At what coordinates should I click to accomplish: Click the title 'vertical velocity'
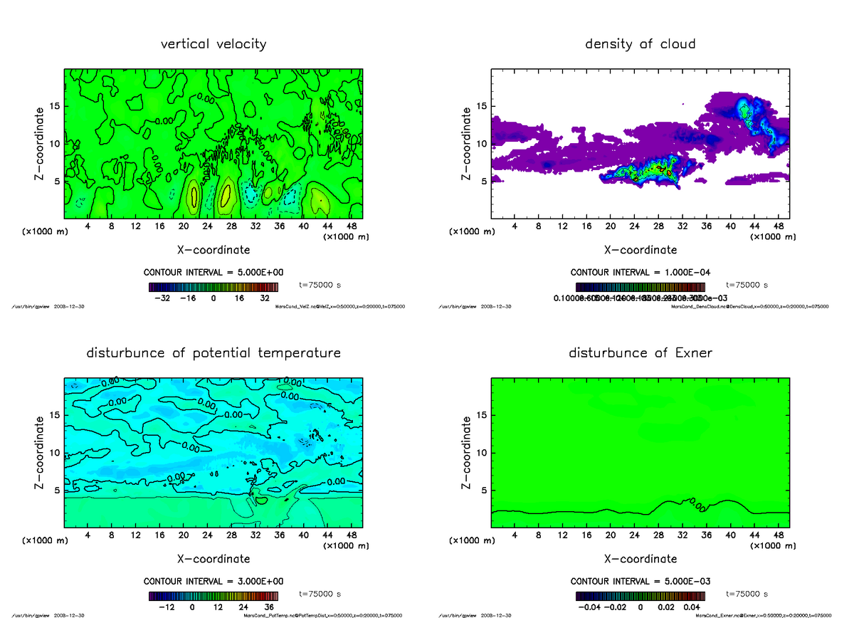tap(213, 44)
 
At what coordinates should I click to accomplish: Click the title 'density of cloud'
tap(640, 44)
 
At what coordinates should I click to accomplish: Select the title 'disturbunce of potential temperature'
tap(213, 353)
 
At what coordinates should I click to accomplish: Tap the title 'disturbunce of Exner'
tap(640, 353)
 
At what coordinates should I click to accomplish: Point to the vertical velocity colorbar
tap(213, 287)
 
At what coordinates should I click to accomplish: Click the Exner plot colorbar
tap(640, 596)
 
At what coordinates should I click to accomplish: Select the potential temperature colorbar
tap(213, 596)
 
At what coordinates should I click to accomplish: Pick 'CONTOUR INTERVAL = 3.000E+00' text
tap(213, 581)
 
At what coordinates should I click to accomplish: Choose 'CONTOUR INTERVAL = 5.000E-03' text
tap(640, 581)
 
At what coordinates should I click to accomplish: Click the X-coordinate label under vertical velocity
tap(213, 250)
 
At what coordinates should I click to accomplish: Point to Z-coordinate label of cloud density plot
tap(467, 143)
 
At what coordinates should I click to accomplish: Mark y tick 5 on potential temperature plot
tap(55, 490)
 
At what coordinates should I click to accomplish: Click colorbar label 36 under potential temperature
tap(270, 607)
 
